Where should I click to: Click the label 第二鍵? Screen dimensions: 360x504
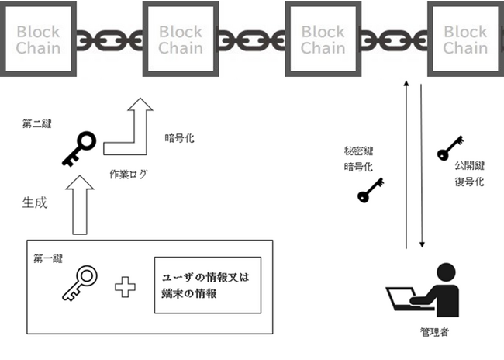tap(37, 124)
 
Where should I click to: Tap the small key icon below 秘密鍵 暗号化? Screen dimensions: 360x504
tap(371, 190)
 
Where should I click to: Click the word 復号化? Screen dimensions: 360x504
tap(470, 182)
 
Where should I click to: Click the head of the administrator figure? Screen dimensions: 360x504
tap(447, 274)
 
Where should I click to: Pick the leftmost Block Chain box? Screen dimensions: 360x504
tap(38, 39)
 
